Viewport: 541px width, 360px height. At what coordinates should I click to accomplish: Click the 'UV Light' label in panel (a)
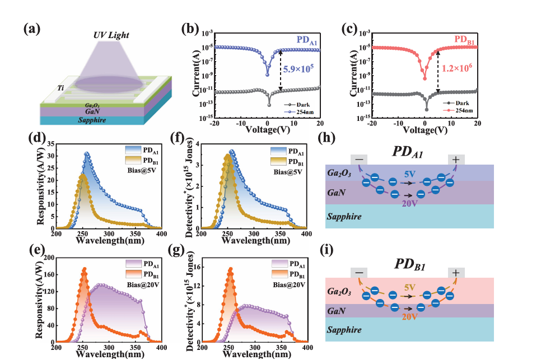(x=111, y=35)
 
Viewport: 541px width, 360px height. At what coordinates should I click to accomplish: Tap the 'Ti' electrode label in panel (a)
(x=60, y=88)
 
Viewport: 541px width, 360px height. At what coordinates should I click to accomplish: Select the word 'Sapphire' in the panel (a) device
(x=92, y=120)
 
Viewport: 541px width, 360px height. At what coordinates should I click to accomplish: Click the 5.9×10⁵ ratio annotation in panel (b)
(x=299, y=69)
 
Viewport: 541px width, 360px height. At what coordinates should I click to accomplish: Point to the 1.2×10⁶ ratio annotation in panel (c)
(x=457, y=68)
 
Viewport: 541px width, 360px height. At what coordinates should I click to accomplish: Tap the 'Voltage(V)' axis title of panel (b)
(x=267, y=130)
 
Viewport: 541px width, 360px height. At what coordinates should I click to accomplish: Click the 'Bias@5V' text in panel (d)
(x=142, y=170)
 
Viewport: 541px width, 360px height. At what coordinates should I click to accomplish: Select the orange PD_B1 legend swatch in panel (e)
(x=133, y=274)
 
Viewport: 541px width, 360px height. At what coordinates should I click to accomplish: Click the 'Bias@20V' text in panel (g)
(x=289, y=285)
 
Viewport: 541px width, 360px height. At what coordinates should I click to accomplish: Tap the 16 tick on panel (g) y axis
(x=199, y=267)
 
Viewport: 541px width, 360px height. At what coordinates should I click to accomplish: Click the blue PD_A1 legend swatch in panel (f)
(x=279, y=151)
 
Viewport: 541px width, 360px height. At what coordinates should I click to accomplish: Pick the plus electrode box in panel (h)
(x=456, y=160)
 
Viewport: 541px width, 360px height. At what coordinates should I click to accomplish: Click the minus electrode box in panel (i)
(x=359, y=273)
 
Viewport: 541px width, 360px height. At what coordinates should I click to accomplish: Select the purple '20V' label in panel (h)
(x=409, y=203)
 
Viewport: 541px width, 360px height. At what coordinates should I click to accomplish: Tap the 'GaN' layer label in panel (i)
(x=336, y=311)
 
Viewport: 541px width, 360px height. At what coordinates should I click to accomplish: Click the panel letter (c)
(x=349, y=29)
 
